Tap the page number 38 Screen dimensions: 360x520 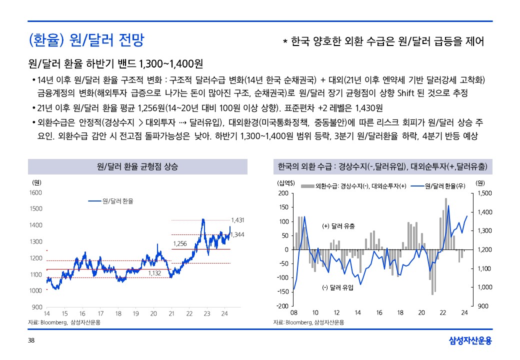point(31,341)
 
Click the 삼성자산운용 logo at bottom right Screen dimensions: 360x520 point(470,341)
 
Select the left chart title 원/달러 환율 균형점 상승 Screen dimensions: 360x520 point(137,166)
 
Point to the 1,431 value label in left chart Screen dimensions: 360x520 point(238,219)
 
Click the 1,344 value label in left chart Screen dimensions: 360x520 point(237,234)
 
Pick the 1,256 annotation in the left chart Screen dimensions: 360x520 point(179,243)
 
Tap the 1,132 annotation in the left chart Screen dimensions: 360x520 point(155,273)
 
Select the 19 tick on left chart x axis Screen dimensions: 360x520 point(136,313)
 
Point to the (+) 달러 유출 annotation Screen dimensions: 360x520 point(338,226)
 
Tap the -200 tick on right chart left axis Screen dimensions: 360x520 point(283,306)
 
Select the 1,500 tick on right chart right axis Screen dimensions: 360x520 point(485,193)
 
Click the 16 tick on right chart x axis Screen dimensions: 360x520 point(379,313)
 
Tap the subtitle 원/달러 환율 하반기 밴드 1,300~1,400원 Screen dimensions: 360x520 point(115,64)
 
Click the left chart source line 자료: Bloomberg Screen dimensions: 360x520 point(64,322)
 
